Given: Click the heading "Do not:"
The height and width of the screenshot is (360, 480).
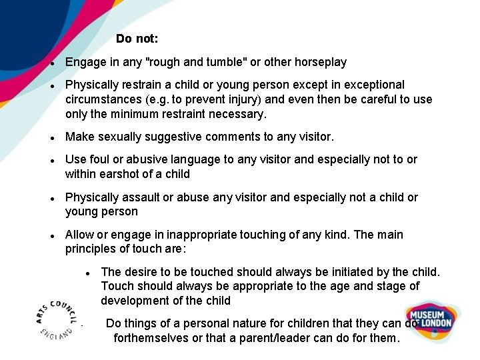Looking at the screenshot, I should (137, 39).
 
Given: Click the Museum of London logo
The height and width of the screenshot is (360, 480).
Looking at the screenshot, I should (431, 318).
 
